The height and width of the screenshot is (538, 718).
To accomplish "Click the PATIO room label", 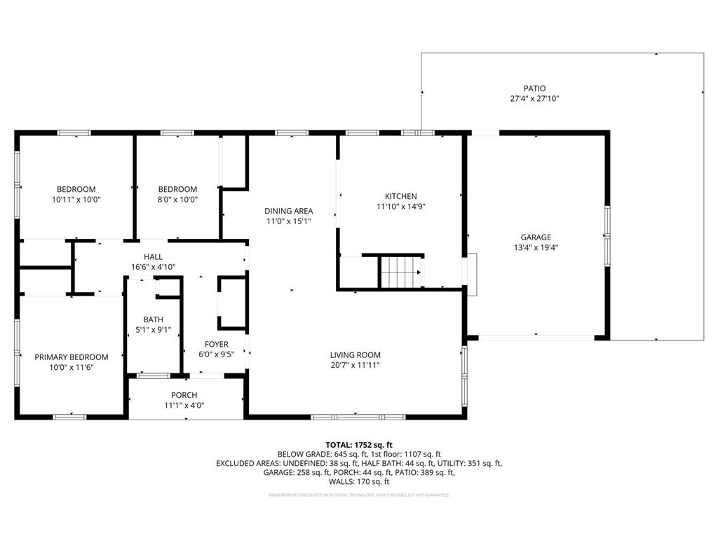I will (534, 88).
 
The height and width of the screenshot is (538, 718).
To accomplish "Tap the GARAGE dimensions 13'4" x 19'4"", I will (536, 247).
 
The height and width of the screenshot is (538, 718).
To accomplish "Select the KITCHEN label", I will (400, 196).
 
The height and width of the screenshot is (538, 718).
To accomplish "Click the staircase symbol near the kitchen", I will (401, 271).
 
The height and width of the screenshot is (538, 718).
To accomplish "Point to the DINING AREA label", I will (288, 211).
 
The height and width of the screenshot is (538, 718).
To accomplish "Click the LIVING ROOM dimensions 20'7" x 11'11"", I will (355, 365).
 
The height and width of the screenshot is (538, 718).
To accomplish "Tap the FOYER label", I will (215, 344).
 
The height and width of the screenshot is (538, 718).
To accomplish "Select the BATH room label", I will (153, 319).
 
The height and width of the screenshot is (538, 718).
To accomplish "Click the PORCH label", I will (184, 395).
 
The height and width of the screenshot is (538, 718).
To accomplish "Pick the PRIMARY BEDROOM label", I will (72, 357).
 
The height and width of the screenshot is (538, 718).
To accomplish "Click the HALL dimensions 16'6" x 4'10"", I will (153, 267).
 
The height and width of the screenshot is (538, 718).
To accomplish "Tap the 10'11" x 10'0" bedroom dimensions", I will (76, 199).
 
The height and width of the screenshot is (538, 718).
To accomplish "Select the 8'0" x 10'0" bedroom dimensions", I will (177, 199).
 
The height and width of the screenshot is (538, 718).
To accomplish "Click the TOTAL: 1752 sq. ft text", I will (359, 445).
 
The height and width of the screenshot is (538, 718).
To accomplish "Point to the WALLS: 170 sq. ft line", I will (359, 482).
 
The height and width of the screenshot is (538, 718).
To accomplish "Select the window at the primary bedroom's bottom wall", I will (69, 417).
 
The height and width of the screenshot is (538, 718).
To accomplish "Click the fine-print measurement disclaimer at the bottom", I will (359, 495).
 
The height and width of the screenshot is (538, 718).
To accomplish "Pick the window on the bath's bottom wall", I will (152, 376).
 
